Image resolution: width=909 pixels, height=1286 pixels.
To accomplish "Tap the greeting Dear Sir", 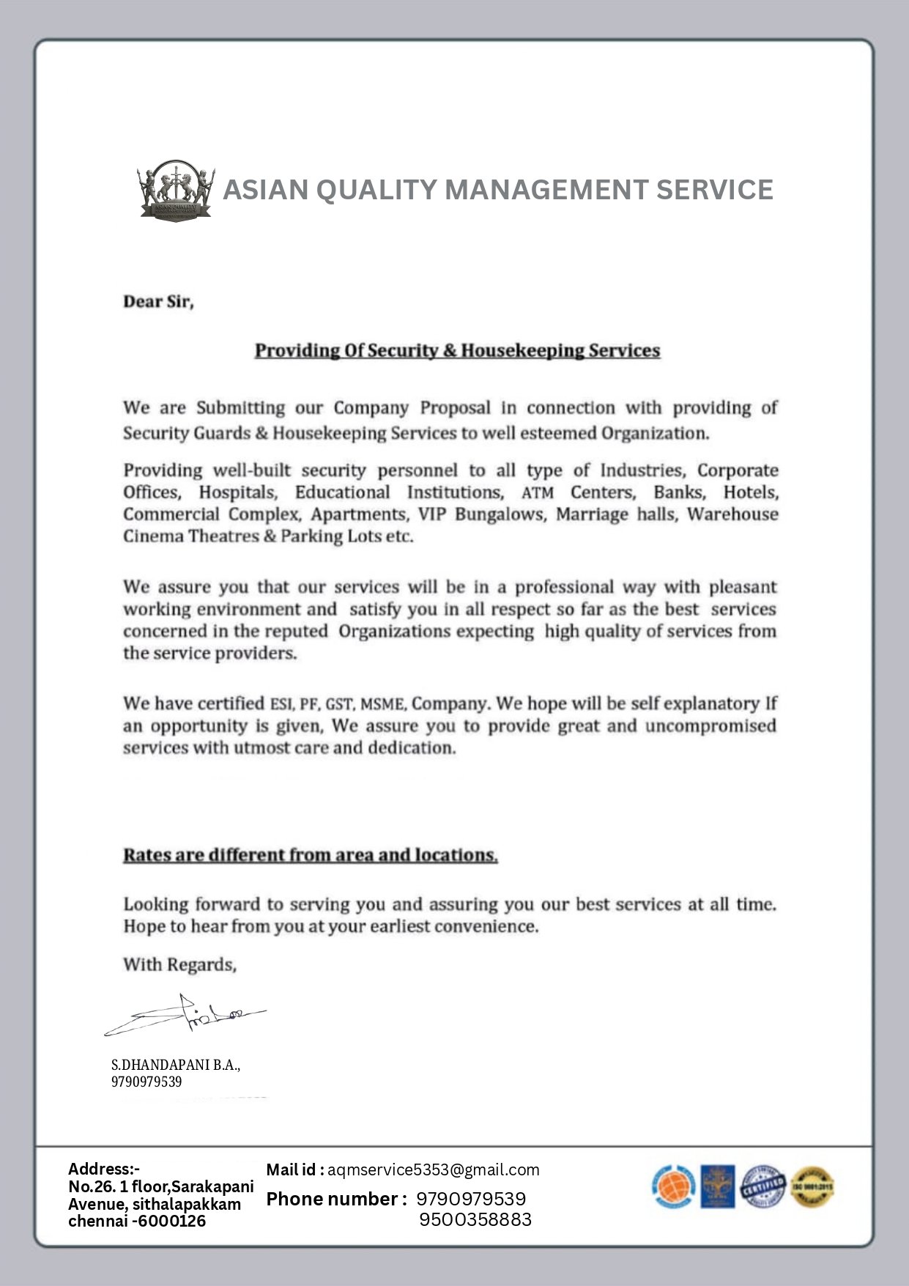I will [x=158, y=302].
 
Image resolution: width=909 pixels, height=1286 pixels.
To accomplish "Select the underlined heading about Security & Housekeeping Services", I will [x=457, y=351].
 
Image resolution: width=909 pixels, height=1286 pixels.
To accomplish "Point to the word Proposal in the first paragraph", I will [x=455, y=408].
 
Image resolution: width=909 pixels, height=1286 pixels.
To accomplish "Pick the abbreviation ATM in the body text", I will [x=537, y=493].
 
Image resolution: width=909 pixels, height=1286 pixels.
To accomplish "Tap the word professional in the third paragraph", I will [x=564, y=588].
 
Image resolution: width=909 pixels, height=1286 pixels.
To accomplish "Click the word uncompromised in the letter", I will [x=710, y=726].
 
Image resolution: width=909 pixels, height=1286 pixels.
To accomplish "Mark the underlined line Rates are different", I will [x=311, y=855].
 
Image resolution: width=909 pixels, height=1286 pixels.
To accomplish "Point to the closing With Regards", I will [x=179, y=965].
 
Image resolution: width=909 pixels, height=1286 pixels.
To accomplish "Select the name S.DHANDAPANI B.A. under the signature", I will [x=176, y=1065].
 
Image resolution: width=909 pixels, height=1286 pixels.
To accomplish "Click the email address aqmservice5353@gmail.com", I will [x=433, y=1170].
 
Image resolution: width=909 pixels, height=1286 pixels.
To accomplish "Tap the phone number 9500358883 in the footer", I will [x=475, y=1219].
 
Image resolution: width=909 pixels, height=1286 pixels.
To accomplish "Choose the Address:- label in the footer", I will [x=104, y=1169].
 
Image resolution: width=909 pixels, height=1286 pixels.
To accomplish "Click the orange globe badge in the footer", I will [x=672, y=1186].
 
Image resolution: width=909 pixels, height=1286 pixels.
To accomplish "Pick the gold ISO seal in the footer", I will [x=812, y=1186].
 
